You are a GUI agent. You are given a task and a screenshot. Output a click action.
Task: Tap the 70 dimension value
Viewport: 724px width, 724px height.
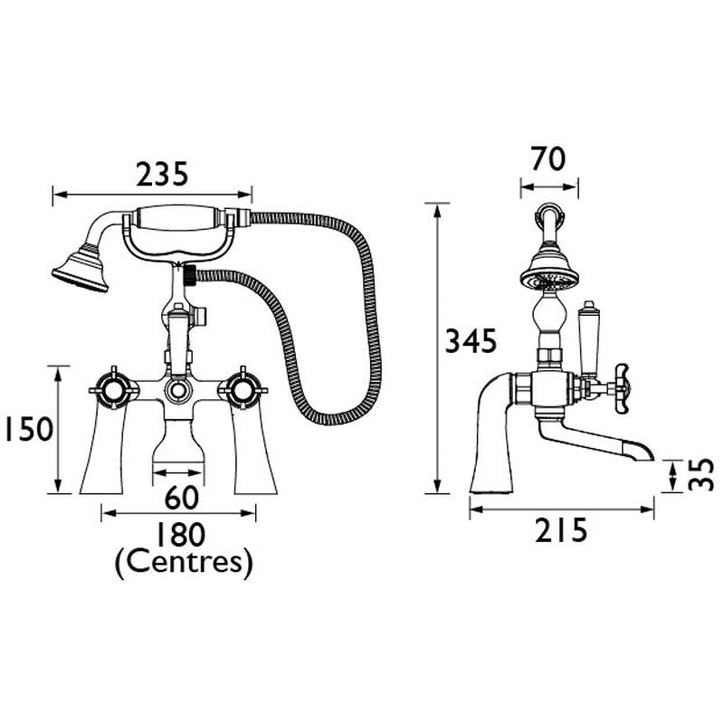coord(548,159)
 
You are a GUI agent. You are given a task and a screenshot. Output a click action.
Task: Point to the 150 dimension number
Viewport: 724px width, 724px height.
coord(24,431)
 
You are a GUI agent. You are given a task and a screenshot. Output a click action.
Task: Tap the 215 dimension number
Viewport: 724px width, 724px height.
coord(561,529)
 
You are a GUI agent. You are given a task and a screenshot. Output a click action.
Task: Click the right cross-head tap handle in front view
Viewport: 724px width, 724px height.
coord(243,391)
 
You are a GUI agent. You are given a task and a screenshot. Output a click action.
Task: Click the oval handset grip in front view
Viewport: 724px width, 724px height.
coord(176,220)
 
